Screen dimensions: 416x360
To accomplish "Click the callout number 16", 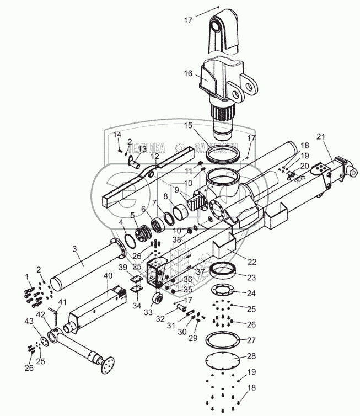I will (189, 72).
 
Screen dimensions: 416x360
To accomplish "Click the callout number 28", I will (251, 356).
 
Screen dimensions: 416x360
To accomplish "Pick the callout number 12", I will (155, 156).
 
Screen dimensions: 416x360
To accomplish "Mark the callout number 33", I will (148, 312).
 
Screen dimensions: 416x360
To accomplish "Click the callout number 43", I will (28, 321).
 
